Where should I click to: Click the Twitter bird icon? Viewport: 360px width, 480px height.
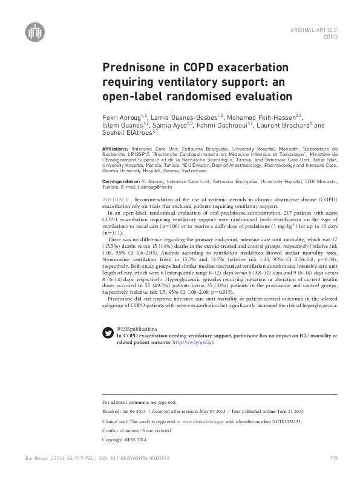pyautogui.click(x=108, y=330)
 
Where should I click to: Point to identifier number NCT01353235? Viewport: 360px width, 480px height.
pyautogui.click(x=281, y=420)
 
